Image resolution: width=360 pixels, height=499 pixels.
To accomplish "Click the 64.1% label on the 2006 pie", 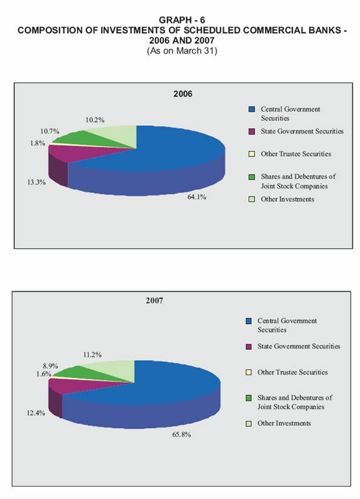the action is [x=197, y=197].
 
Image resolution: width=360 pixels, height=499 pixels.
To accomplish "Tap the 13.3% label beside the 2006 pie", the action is [x=36, y=182].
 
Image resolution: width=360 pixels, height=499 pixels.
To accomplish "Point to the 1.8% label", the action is [x=37, y=143].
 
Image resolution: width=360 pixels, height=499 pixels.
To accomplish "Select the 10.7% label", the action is [x=49, y=131].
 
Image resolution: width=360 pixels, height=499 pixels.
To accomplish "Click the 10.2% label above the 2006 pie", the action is [x=94, y=120].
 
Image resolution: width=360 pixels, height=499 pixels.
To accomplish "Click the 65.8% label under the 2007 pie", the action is [x=181, y=435].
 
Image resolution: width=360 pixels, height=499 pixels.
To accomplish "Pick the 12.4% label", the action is [x=36, y=413].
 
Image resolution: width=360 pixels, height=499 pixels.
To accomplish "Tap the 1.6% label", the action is [x=44, y=374].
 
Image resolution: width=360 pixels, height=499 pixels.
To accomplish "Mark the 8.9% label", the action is [x=51, y=366].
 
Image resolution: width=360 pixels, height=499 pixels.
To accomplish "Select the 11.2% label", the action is [x=92, y=355].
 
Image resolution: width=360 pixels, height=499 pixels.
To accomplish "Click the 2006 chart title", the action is [x=182, y=94].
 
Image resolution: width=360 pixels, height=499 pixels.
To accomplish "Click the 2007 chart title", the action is [x=154, y=301].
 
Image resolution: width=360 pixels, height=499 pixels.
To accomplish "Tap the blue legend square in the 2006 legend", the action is [x=252, y=109].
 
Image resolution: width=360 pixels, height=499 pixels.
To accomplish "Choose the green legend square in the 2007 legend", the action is [x=249, y=398].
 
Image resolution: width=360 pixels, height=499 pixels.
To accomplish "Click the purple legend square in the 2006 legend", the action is [x=252, y=131].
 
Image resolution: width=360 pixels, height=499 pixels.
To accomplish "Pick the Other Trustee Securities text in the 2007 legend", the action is [x=292, y=373].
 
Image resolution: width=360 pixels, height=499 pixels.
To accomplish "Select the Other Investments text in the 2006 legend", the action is [x=287, y=199].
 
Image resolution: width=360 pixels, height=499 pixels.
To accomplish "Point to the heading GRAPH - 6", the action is [x=182, y=20].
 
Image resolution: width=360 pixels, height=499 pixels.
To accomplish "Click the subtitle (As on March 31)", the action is [x=182, y=51].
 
